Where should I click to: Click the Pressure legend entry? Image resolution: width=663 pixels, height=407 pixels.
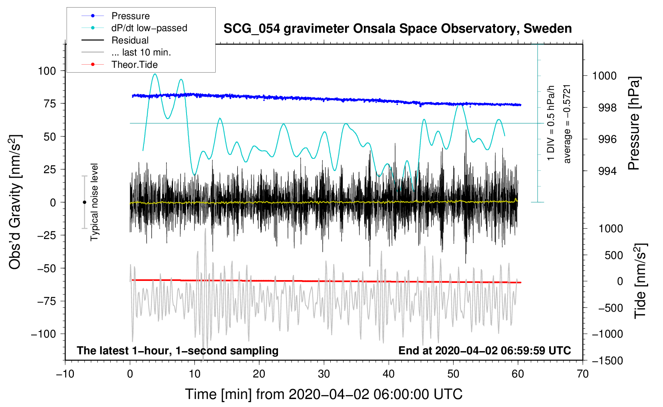point(116,16)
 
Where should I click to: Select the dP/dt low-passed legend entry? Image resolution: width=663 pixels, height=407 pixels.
point(134,28)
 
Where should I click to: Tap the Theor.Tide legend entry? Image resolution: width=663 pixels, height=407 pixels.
point(119,65)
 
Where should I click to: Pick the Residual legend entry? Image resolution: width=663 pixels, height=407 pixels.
point(115,40)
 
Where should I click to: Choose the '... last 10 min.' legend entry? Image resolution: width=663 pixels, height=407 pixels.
point(126,52)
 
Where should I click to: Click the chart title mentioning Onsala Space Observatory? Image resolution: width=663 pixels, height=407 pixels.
point(397,29)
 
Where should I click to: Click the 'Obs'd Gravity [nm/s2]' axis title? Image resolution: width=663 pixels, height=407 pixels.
point(15,202)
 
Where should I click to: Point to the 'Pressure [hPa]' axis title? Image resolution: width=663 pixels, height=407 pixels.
point(633,123)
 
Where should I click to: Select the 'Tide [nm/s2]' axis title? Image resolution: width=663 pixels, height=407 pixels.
point(640,281)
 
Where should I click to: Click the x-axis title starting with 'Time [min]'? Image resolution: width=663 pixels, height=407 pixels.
point(324,394)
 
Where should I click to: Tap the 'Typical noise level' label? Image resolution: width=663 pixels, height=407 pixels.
point(94,202)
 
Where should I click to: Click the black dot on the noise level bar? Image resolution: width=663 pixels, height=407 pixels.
point(84,202)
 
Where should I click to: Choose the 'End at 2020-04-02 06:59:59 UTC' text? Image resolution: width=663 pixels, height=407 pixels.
point(484,350)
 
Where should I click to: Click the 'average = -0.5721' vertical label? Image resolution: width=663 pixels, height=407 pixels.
point(566,124)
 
